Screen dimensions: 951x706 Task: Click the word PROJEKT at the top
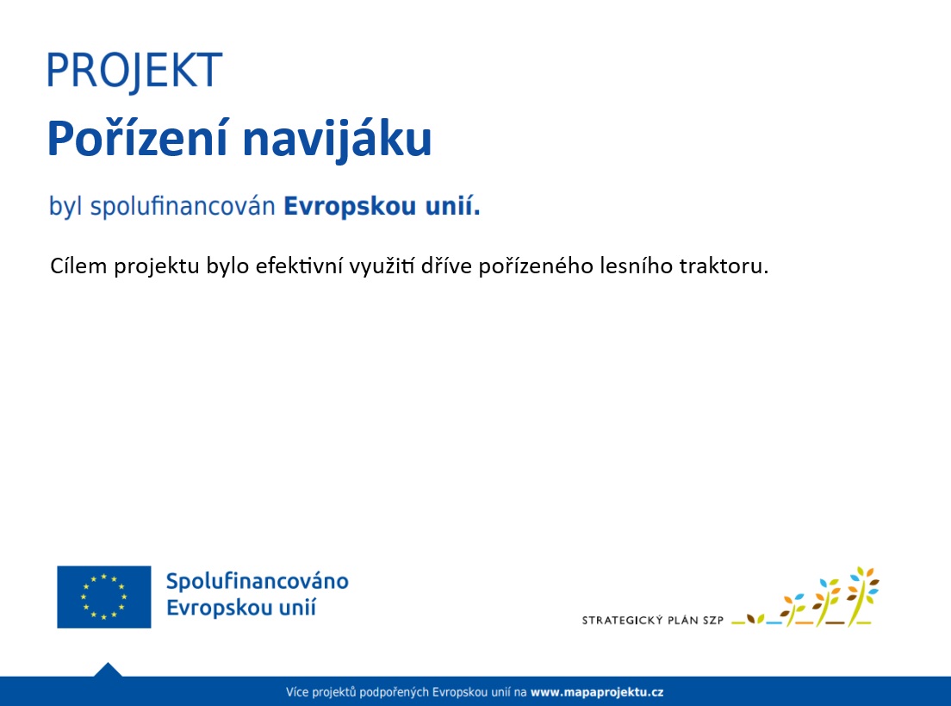point(134,72)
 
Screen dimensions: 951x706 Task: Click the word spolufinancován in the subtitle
point(183,206)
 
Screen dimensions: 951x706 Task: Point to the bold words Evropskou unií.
point(382,206)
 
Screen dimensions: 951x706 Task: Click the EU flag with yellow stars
point(103,597)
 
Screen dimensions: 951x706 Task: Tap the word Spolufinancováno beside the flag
point(258,581)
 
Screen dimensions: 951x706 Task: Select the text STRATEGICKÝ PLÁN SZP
point(653,620)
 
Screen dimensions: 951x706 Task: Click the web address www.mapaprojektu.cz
point(597,692)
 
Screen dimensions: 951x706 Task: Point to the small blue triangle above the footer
point(108,670)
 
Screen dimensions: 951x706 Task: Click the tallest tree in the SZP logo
point(862,597)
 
